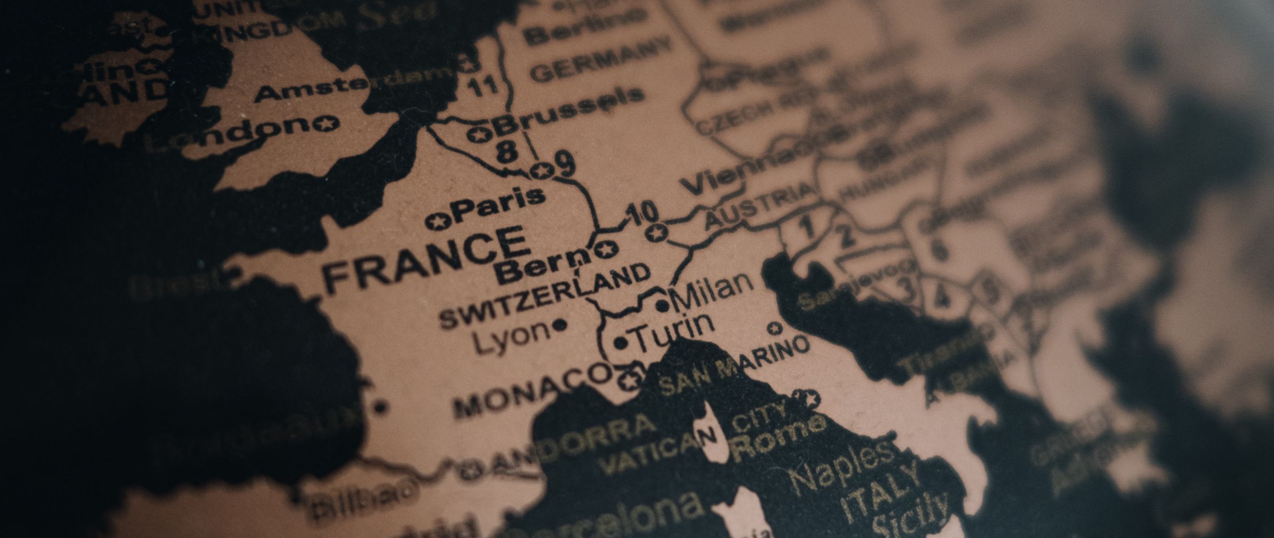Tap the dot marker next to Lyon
[x=559, y=326]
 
